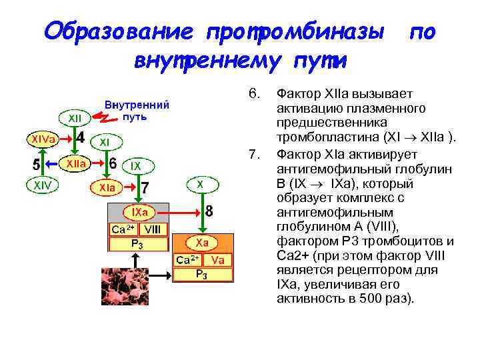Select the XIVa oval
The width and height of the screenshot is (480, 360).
pos(41,139)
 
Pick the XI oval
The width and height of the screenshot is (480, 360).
pos(105,142)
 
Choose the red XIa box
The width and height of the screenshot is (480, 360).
pos(107,188)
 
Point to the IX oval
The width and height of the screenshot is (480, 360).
pos(136,165)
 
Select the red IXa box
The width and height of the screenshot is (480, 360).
pos(139,212)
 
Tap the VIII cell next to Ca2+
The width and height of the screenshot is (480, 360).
pos(153,228)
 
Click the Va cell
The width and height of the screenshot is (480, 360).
pos(217,259)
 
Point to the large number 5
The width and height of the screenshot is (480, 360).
pos(38,163)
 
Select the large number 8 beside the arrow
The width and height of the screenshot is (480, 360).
pos(209,211)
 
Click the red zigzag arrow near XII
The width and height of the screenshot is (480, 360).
pos(103,117)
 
